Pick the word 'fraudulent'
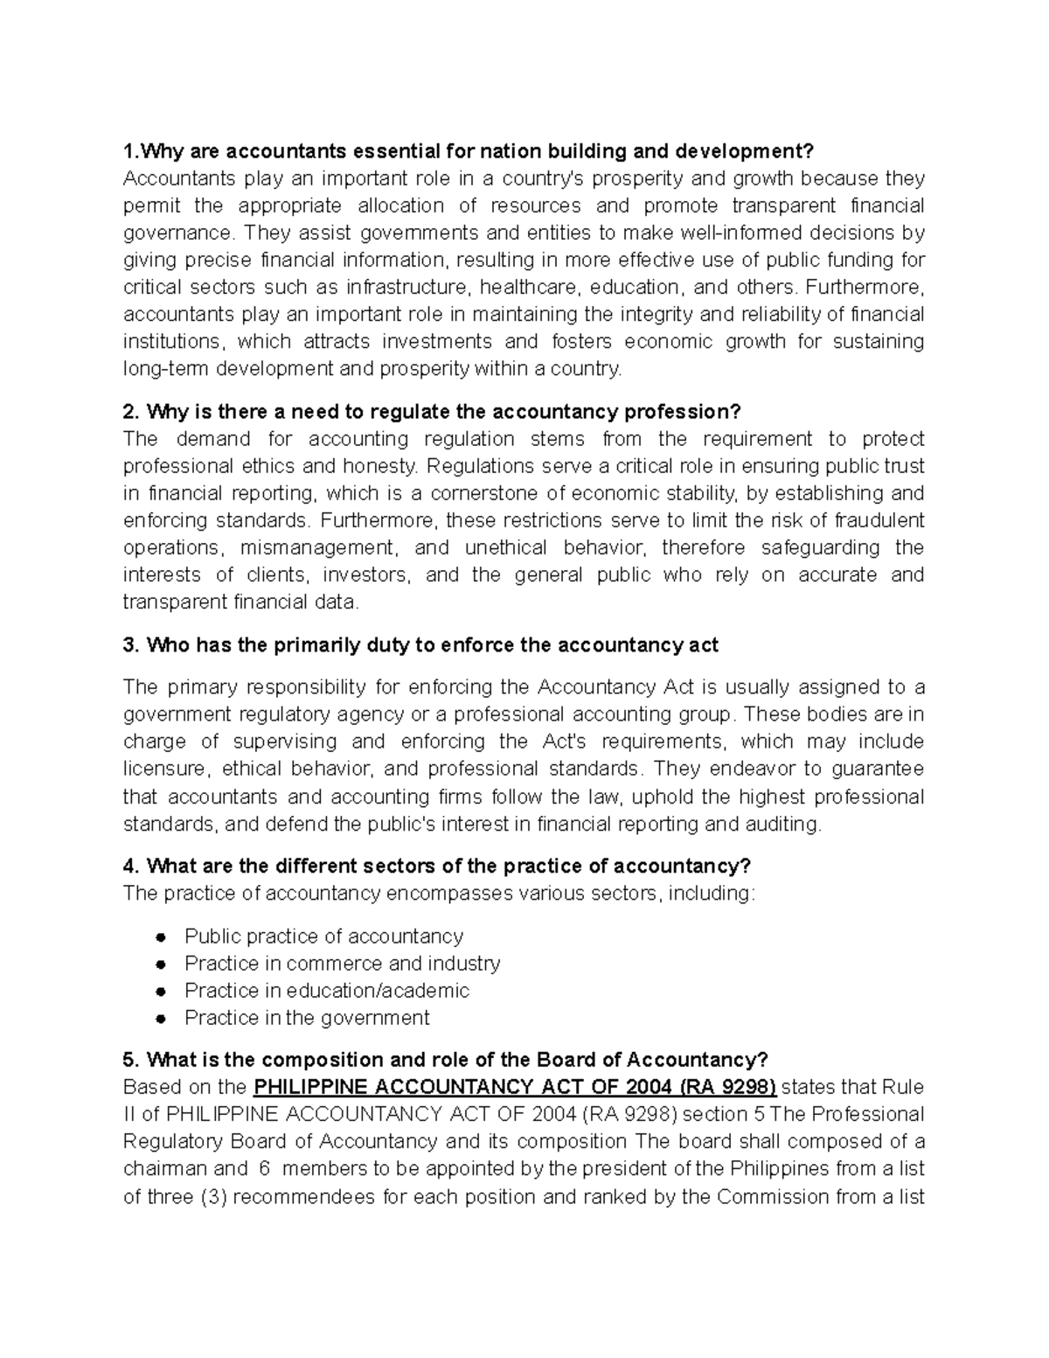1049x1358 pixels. [879, 520]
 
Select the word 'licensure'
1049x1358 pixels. [166, 769]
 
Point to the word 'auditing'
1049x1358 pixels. [787, 824]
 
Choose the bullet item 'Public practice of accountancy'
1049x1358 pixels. [323, 937]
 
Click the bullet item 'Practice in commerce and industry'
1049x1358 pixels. [342, 964]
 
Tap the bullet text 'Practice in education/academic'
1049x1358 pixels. [326, 991]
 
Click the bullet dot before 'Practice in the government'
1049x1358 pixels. [160, 1019]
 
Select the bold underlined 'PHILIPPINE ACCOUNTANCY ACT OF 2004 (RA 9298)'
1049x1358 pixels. [514, 1087]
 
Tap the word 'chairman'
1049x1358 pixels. [164, 1169]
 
